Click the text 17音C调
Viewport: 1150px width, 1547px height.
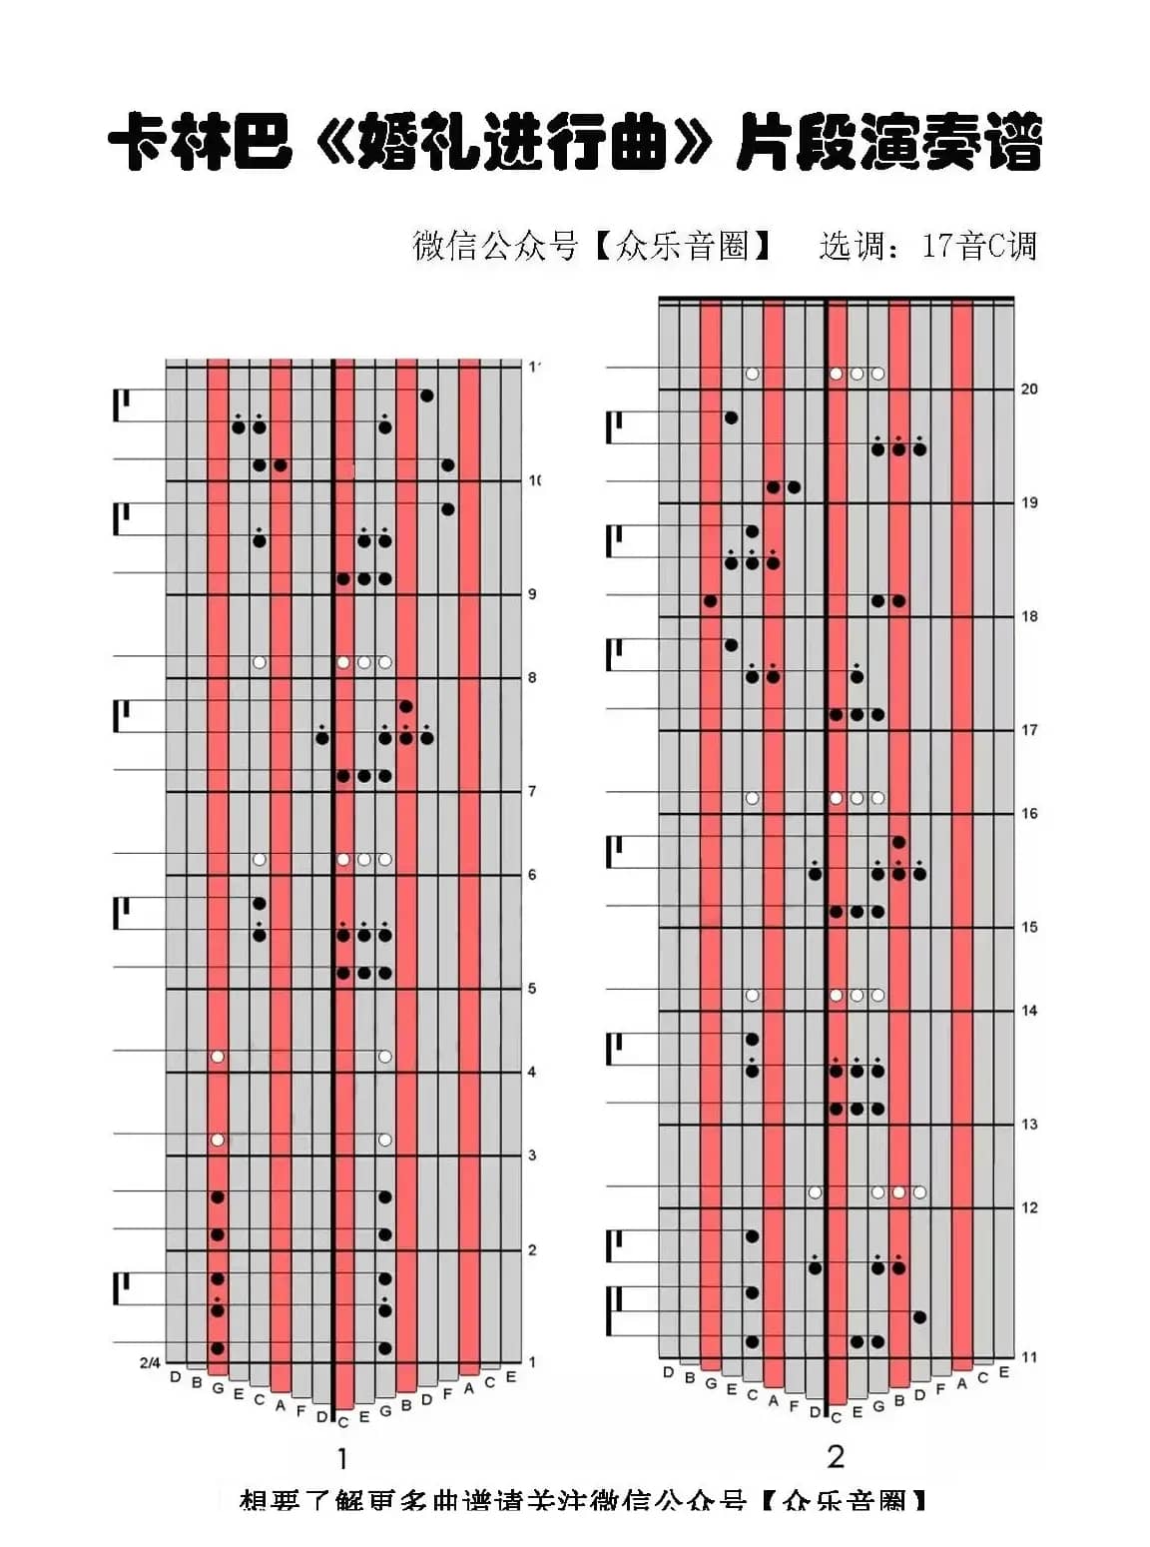tap(979, 246)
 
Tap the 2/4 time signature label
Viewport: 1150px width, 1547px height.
tap(150, 1362)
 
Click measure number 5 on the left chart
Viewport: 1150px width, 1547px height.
tap(532, 989)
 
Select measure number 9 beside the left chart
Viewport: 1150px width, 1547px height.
tap(532, 594)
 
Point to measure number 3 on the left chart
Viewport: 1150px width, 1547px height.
tap(532, 1156)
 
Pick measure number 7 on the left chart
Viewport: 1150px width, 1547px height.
tap(532, 791)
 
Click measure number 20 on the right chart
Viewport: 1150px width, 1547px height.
tap(1029, 388)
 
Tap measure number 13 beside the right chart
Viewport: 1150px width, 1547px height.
tap(1029, 1124)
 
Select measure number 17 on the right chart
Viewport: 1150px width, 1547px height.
tap(1029, 730)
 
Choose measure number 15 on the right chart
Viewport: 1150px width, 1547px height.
tap(1029, 927)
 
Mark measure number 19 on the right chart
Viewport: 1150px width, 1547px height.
tap(1029, 502)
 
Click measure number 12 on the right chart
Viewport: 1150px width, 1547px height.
tap(1029, 1207)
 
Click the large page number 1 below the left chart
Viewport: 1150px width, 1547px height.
tap(342, 1459)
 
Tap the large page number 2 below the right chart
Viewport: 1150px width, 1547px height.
tap(836, 1457)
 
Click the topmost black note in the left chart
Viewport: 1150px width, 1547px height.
tap(427, 396)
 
